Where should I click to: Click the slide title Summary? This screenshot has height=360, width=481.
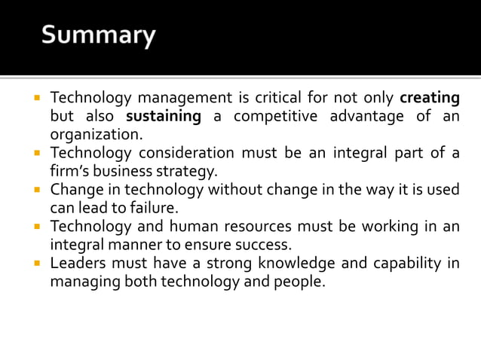pyautogui.click(x=98, y=36)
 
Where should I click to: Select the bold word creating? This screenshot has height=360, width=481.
pyautogui.click(x=430, y=99)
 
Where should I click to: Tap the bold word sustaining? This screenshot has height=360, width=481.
pyautogui.click(x=164, y=117)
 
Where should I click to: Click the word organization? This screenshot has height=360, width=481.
pyautogui.click(x=96, y=136)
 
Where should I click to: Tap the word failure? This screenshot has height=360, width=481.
pyautogui.click(x=152, y=208)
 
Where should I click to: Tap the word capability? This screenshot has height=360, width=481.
pyautogui.click(x=407, y=263)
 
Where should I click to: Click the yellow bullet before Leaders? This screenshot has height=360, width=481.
pyautogui.click(x=35, y=263)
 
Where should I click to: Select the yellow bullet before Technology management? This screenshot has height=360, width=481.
pyautogui.click(x=35, y=99)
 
